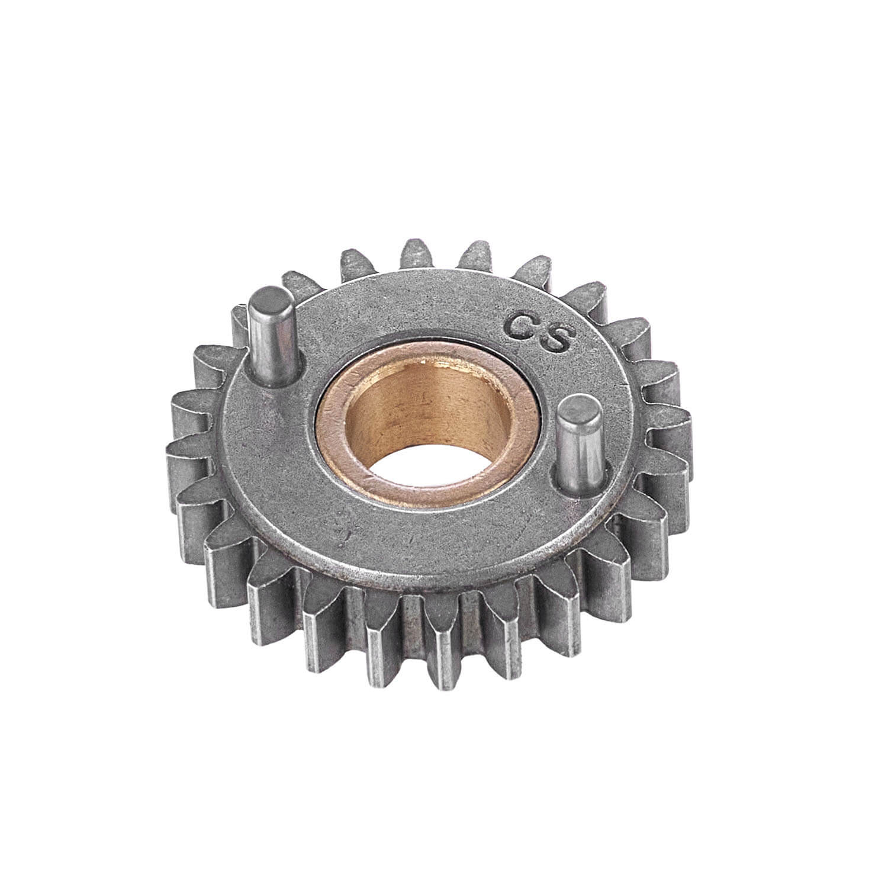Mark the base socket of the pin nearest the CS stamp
click(583, 482)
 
